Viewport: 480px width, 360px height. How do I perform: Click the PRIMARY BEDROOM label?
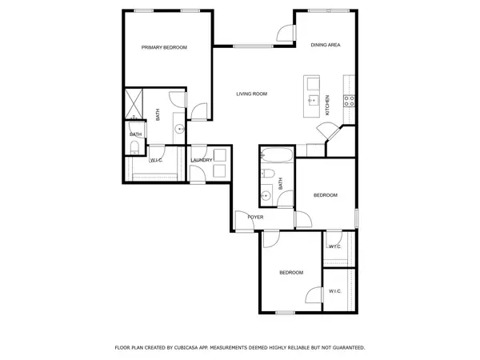coord(164,48)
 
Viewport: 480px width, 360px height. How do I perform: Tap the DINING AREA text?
coord(326,45)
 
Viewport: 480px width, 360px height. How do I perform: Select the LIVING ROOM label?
coord(251,94)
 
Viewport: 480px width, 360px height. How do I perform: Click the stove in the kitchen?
coord(350,100)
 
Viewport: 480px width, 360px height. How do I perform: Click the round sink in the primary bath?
coord(180,127)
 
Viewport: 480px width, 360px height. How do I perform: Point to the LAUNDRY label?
coord(202,160)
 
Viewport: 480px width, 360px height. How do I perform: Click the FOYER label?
coord(255,218)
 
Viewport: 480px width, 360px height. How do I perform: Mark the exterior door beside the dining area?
coord(282,32)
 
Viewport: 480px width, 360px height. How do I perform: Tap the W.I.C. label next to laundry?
coord(158,160)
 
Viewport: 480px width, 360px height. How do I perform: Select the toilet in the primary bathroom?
coord(134,147)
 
